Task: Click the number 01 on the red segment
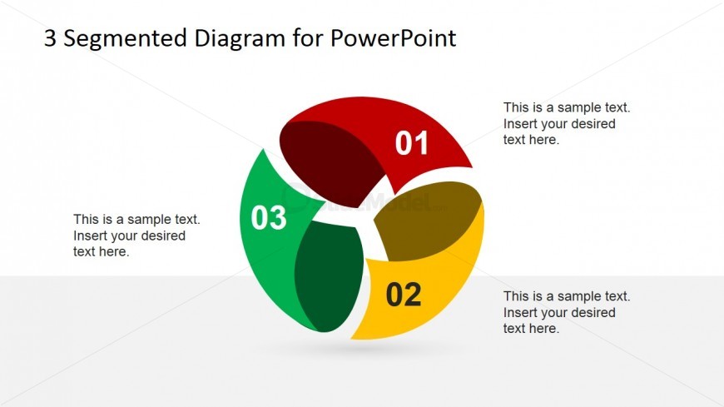pyautogui.click(x=411, y=143)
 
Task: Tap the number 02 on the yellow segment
pyautogui.click(x=404, y=295)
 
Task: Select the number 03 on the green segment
pyautogui.click(x=268, y=217)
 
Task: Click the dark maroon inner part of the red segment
pyautogui.click(x=330, y=161)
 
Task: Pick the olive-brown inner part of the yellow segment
pyautogui.click(x=427, y=221)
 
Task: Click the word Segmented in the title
pyautogui.click(x=125, y=39)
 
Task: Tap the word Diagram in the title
pyautogui.click(x=240, y=39)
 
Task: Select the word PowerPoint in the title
pyautogui.click(x=393, y=38)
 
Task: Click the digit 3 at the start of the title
pyautogui.click(x=50, y=38)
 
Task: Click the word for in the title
pyautogui.click(x=307, y=38)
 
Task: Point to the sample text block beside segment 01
pyautogui.click(x=567, y=123)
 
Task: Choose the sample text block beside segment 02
pyautogui.click(x=567, y=312)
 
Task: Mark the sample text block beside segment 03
pyautogui.click(x=136, y=236)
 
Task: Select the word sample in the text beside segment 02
pyautogui.click(x=576, y=296)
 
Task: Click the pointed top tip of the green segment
pyautogui.click(x=263, y=149)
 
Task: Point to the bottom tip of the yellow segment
pyautogui.click(x=351, y=339)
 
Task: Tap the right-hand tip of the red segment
pyautogui.click(x=472, y=166)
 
